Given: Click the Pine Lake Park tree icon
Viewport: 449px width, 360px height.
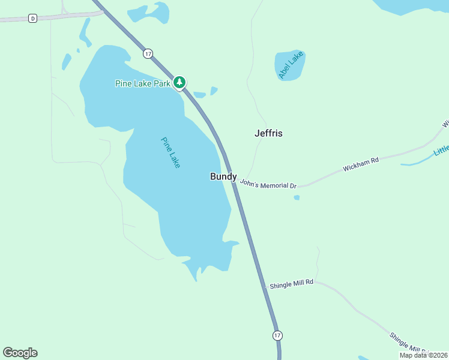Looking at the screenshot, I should click(179, 83).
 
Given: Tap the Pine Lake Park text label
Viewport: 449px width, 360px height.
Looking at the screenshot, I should click(143, 83).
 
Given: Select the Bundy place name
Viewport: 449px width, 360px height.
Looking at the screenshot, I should click(223, 176).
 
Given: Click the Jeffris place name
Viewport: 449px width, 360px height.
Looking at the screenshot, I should click(268, 133).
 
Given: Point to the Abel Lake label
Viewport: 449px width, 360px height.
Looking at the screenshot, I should click(292, 65).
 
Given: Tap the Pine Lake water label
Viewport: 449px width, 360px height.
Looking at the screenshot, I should click(170, 152).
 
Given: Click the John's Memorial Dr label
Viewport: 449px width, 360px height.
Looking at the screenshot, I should click(268, 184).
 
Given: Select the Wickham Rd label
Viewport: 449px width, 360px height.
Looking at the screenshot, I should click(361, 164).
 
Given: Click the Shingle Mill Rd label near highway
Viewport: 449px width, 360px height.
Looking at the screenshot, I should click(292, 282).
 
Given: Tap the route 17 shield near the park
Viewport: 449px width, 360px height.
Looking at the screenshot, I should click(148, 54).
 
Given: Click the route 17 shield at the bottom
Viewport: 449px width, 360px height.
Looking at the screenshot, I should click(276, 335).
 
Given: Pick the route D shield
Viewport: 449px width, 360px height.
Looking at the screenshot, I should click(32, 19).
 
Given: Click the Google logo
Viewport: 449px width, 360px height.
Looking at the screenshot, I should click(20, 353).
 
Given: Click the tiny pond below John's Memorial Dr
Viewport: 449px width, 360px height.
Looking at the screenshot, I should click(297, 197).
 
